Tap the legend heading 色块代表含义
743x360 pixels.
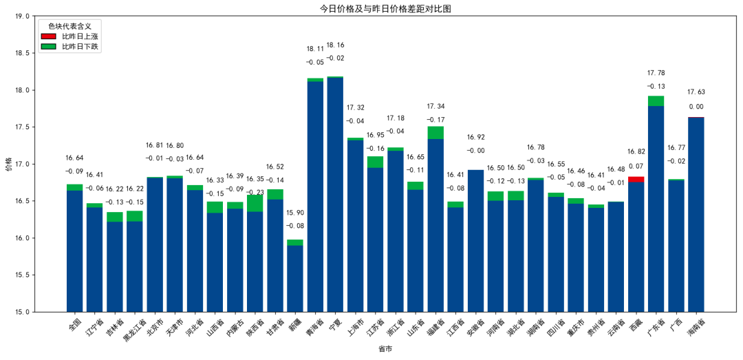pyautogui.click(x=69, y=25)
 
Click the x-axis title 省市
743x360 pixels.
pyautogui.click(x=385, y=350)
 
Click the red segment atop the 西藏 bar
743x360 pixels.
pyautogui.click(x=636, y=179)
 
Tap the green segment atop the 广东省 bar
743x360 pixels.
pyautogui.click(x=656, y=100)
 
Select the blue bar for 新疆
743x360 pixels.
pyautogui.click(x=295, y=278)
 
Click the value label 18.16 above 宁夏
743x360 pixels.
pyautogui.click(x=335, y=45)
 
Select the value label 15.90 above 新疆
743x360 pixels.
pyautogui.click(x=295, y=213)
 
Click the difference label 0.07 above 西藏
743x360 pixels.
pyautogui.click(x=636, y=166)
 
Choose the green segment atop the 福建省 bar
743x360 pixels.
pyautogui.click(x=435, y=132)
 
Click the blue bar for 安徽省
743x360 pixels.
pyautogui.click(x=475, y=240)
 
